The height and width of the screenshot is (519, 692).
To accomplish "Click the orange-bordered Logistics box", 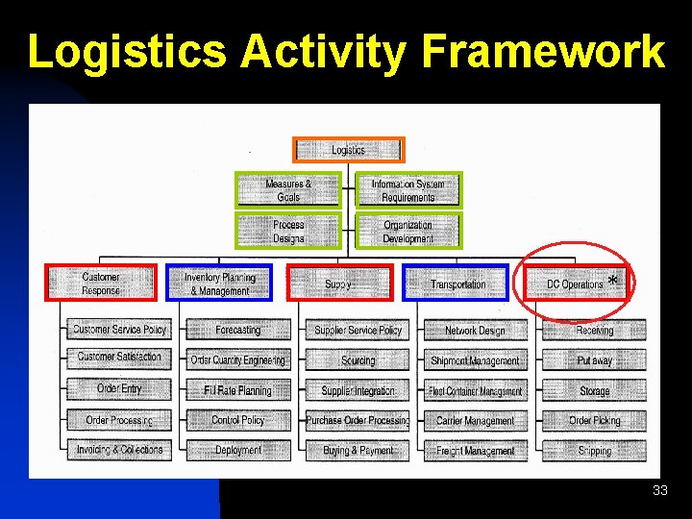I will [349, 150].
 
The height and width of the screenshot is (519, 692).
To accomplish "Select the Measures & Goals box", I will [288, 190].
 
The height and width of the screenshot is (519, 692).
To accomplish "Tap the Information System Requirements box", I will [408, 190].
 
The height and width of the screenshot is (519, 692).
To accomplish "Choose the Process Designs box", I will [288, 231].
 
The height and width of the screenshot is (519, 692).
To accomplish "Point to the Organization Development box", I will [408, 231].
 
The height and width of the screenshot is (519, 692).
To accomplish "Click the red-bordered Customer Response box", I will [101, 284].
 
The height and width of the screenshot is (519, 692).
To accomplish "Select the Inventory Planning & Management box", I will [219, 284].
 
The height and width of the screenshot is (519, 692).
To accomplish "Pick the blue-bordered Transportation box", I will [457, 284].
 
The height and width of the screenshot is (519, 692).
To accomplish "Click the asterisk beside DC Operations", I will [612, 281].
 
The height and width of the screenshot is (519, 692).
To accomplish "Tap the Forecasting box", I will [237, 331].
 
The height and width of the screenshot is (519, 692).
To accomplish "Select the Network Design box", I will [475, 331].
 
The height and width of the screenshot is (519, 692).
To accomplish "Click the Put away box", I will [594, 361].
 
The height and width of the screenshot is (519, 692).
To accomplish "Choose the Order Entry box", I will [119, 389].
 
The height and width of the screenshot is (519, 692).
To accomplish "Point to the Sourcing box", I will [358, 361].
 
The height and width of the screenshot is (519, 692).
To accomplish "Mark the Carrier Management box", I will [475, 421].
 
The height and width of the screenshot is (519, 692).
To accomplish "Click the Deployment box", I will [237, 450].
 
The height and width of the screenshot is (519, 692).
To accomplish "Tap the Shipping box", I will [594, 450].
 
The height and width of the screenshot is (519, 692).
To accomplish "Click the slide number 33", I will [659, 491].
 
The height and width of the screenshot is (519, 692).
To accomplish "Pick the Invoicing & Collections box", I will [119, 450].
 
